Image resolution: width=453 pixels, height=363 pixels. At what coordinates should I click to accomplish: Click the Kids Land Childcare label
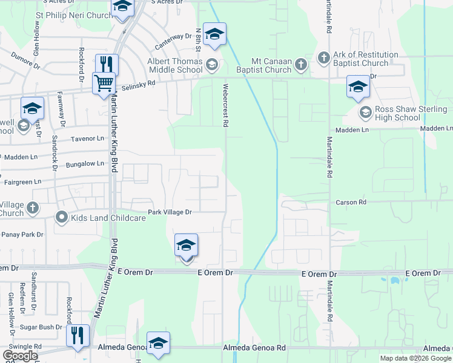pyautogui.click(x=108, y=218)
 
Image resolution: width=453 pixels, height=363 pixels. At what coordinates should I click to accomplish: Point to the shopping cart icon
pyautogui.click(x=104, y=83)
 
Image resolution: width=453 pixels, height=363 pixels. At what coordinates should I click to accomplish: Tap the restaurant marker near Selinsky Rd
pyautogui.click(x=107, y=64)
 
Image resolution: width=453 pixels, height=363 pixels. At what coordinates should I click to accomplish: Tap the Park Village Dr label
pyautogui.click(x=170, y=212)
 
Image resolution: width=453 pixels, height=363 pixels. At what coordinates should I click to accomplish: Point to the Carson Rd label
pyautogui.click(x=351, y=203)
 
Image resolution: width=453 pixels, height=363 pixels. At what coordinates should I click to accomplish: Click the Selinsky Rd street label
pyautogui.click(x=138, y=88)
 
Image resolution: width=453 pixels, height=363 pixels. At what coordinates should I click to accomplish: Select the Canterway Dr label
pyautogui.click(x=173, y=41)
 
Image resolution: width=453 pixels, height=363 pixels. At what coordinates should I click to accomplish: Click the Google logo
pyautogui.click(x=20, y=355)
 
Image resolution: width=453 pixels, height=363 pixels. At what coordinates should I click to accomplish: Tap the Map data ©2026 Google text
pyautogui.click(x=415, y=358)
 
